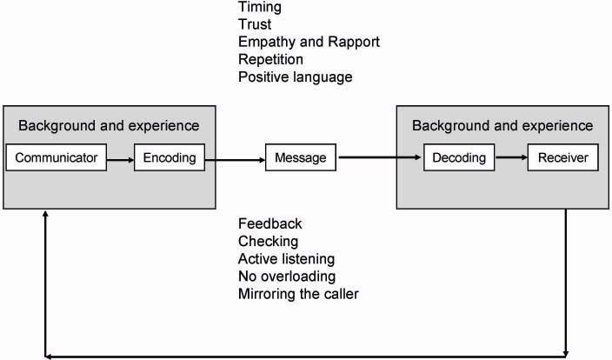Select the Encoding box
pos(170,158)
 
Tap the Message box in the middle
pos(300,158)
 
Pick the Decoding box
pos(459,158)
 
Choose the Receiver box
pos(562,158)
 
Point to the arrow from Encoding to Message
pos(235,158)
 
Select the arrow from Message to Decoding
pos(379,158)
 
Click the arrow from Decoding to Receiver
pos(511,158)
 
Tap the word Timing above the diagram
pos(259,8)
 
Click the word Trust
pos(254,25)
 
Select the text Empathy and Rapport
pos(309,43)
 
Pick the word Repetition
pos(270,60)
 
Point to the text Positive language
pos(295,77)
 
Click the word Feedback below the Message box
pos(269,223)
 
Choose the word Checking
pos(268,241)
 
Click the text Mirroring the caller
pos(298,293)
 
